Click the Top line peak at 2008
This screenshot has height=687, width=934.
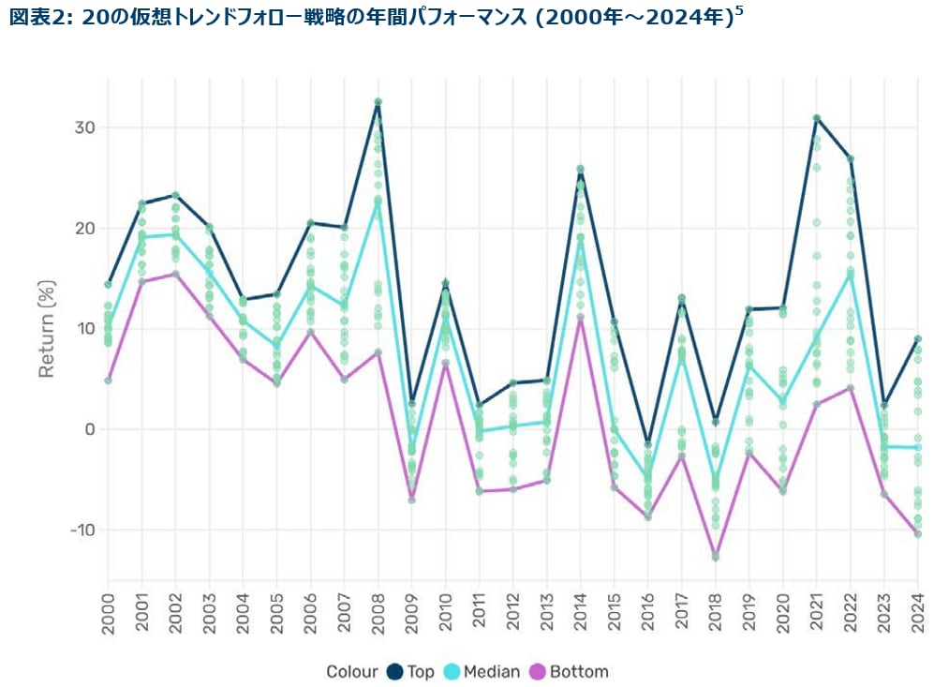click(378, 102)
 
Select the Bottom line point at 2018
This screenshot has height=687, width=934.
click(716, 557)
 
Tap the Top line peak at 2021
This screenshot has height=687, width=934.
click(817, 118)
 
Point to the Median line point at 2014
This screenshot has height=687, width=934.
click(581, 246)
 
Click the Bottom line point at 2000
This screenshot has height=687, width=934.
click(108, 380)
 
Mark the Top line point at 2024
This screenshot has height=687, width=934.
click(918, 339)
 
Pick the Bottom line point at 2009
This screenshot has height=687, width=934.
click(411, 500)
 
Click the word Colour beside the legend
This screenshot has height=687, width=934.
click(352, 671)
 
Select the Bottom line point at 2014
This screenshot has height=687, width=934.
click(581, 318)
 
